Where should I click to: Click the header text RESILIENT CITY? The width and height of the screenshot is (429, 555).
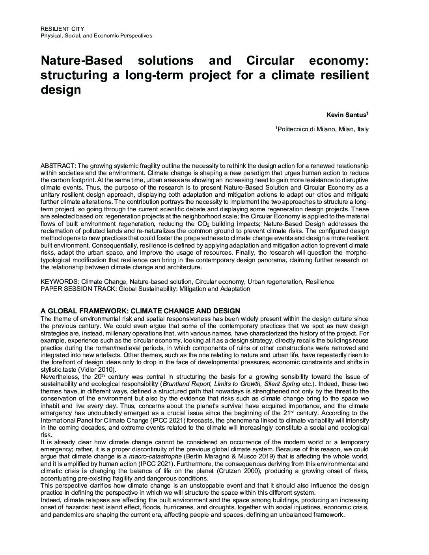(x=62, y=29)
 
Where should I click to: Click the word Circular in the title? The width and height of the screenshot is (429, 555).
(x=270, y=61)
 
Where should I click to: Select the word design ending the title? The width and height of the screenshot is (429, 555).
(x=61, y=89)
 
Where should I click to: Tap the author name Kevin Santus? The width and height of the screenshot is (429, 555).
(x=346, y=115)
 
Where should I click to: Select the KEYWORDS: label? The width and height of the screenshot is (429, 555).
(x=60, y=282)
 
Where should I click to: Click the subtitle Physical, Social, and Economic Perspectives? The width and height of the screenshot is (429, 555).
(x=96, y=36)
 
